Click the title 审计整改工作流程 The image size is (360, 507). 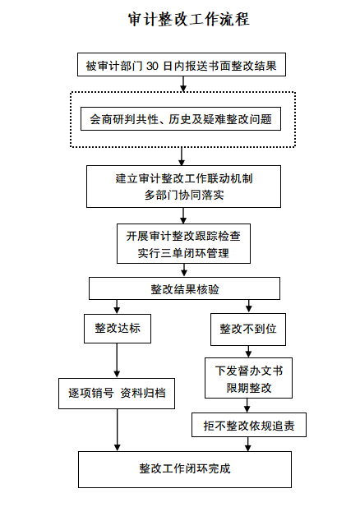[188, 19]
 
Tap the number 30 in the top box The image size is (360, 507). [152, 66]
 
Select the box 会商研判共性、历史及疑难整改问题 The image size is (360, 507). [181, 118]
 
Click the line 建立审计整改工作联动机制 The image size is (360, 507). [184, 178]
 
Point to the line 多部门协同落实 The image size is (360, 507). [184, 195]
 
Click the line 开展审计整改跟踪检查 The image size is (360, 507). [183, 236]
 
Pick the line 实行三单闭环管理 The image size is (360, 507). [183, 253]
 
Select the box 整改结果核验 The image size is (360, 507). [184, 288]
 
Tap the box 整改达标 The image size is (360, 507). [118, 329]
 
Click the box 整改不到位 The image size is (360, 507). [248, 330]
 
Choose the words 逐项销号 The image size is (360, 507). [91, 393]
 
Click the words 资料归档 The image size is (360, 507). [143, 393]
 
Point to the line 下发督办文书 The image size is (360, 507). [249, 371]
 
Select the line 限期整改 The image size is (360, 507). [249, 388]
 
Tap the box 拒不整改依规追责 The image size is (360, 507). [249, 425]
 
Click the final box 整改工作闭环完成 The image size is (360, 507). [185, 469]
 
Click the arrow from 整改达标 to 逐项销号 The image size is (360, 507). [117, 361]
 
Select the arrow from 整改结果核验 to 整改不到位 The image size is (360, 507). [249, 307]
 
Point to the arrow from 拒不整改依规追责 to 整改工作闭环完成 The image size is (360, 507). [248, 445]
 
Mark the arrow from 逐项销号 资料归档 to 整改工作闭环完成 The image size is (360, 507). [118, 430]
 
